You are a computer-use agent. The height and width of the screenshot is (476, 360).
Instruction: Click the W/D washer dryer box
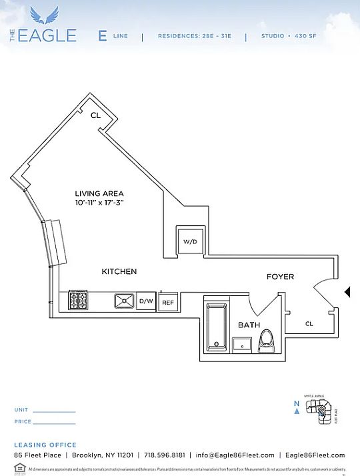click(x=190, y=241)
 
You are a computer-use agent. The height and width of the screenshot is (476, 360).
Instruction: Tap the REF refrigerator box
click(x=168, y=302)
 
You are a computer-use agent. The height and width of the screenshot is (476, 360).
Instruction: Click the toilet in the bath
click(x=267, y=339)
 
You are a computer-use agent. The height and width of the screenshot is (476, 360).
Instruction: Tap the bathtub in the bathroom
click(x=217, y=327)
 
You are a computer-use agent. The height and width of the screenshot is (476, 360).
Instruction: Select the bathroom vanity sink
click(x=241, y=344)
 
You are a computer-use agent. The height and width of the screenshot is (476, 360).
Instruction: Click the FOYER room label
click(x=280, y=277)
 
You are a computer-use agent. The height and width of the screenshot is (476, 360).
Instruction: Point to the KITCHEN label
click(x=119, y=271)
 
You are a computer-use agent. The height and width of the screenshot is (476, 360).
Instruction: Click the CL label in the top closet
click(x=96, y=115)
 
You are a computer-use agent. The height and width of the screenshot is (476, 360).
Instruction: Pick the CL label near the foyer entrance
click(x=309, y=324)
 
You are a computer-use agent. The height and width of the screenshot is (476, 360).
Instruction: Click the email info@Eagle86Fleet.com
click(x=235, y=455)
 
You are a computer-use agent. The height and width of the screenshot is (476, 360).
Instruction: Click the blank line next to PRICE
click(x=54, y=423)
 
